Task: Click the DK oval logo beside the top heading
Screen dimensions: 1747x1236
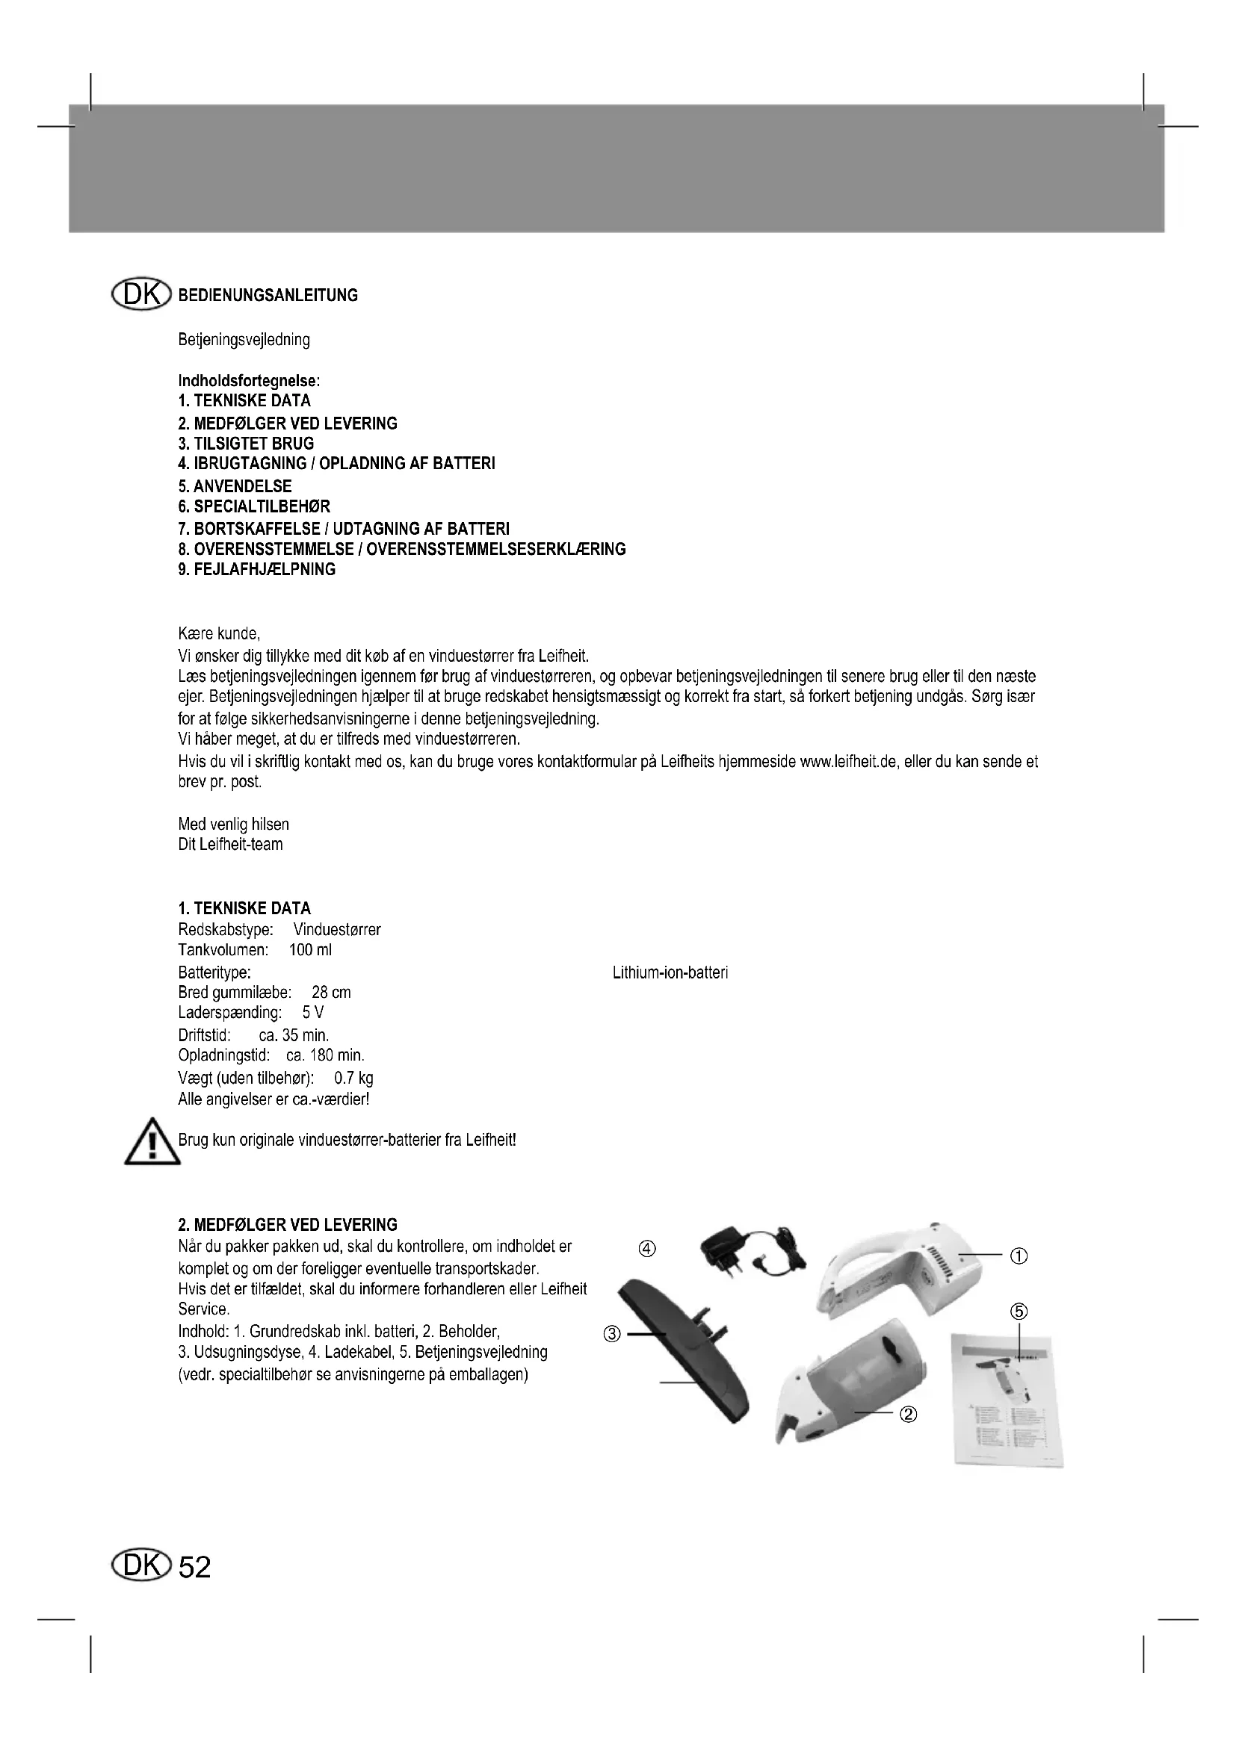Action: point(140,294)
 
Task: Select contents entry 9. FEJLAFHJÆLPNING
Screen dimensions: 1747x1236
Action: point(256,570)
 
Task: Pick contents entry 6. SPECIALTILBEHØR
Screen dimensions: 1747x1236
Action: point(254,506)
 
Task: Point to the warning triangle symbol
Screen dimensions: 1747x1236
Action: point(152,1142)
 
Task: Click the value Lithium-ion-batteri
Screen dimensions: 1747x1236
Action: point(670,972)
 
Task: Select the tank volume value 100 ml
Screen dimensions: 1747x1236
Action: point(311,950)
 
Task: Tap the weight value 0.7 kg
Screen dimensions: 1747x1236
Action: point(354,1079)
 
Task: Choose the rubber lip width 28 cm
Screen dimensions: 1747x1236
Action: point(331,993)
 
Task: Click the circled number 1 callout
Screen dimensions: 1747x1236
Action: point(1019,1256)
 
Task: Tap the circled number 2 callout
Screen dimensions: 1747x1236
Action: point(908,1414)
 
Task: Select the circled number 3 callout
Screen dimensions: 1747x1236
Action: point(612,1334)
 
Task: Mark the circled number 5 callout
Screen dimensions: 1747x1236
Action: point(1019,1311)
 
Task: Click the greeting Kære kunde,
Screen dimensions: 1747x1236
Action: point(219,633)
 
